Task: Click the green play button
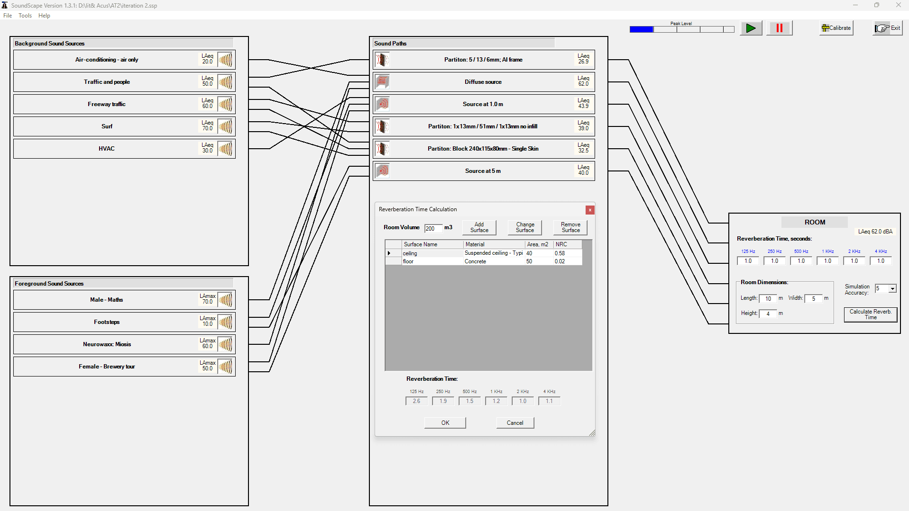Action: (x=751, y=28)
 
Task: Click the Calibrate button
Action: (x=836, y=28)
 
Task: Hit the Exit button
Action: (x=888, y=28)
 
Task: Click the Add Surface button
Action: (x=479, y=227)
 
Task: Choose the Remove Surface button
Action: (x=570, y=227)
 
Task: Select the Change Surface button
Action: (x=525, y=227)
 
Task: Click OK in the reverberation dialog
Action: (x=445, y=423)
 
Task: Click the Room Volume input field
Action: (x=433, y=228)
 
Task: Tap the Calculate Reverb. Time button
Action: (x=871, y=314)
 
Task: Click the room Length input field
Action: (x=768, y=298)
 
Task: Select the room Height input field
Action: (x=768, y=314)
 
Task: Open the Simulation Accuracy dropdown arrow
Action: (x=892, y=289)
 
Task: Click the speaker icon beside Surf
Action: (x=225, y=126)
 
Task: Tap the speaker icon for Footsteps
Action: (x=225, y=322)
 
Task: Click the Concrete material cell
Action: (x=475, y=261)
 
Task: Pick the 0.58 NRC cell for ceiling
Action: (x=560, y=253)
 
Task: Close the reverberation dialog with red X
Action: (x=590, y=210)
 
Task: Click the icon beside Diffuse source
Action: (x=382, y=82)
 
